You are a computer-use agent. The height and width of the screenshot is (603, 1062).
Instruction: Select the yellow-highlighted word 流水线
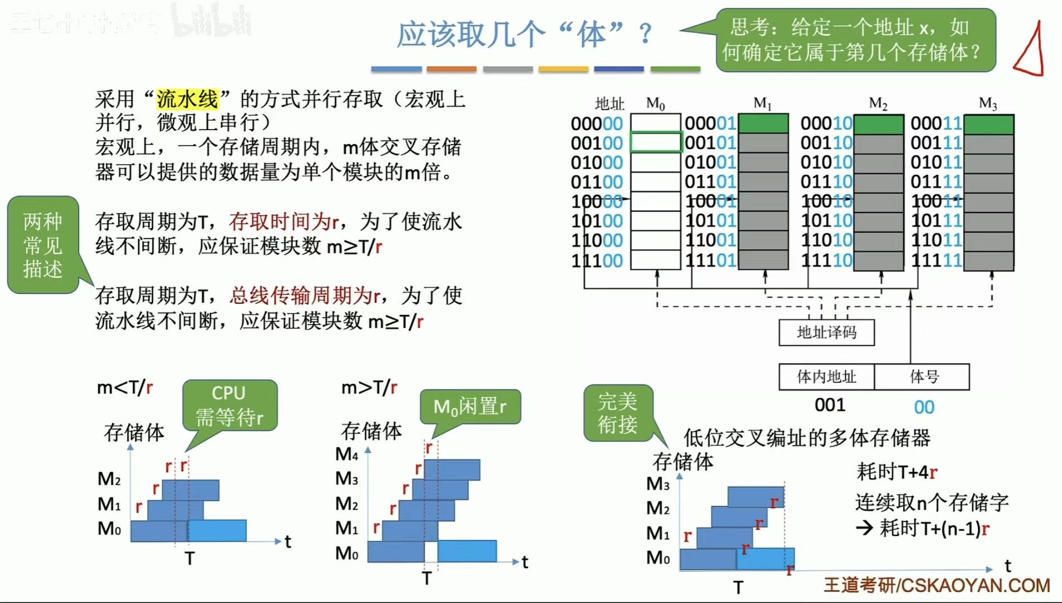187,99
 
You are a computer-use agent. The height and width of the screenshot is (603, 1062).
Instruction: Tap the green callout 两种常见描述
43,245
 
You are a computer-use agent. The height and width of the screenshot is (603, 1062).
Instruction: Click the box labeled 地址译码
826,333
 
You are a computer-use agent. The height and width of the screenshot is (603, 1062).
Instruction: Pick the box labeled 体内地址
826,377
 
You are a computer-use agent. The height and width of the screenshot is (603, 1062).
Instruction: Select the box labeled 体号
923,377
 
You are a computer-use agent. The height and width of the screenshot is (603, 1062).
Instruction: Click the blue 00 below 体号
924,407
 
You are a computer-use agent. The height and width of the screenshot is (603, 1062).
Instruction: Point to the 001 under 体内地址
830,405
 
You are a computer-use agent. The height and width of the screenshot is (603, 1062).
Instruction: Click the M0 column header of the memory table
655,103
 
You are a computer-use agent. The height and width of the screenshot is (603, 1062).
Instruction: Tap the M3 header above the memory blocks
987,103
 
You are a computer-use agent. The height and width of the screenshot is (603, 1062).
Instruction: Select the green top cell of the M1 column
763,123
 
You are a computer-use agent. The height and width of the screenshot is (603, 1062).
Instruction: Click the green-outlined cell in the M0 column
655,142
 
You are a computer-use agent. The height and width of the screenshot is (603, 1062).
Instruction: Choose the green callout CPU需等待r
230,405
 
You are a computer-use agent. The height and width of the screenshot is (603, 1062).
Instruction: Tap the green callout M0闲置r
470,406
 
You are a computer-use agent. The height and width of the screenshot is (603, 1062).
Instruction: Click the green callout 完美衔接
617,413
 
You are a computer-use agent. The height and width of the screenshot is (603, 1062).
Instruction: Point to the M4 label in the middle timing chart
346,454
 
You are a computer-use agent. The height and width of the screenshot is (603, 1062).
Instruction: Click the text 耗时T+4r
897,472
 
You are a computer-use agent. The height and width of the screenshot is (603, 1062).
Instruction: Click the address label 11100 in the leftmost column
597,260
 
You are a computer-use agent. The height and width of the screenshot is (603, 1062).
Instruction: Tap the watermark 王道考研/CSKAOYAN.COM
936,585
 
